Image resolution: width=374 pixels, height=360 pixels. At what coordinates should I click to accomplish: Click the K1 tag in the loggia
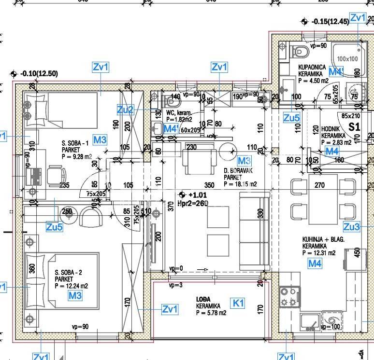[239, 303]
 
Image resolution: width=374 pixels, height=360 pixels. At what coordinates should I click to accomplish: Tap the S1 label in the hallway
[355, 127]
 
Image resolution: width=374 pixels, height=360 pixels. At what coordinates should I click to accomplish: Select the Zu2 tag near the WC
[125, 110]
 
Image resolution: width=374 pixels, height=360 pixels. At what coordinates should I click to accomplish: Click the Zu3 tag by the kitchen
[351, 227]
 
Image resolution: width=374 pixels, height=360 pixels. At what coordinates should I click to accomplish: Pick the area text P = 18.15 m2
[240, 184]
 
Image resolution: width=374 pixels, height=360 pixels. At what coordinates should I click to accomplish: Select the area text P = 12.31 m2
[318, 252]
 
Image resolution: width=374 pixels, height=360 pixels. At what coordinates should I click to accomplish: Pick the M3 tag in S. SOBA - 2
[75, 295]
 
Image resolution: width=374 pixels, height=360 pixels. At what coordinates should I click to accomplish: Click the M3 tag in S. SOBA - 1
[100, 140]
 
